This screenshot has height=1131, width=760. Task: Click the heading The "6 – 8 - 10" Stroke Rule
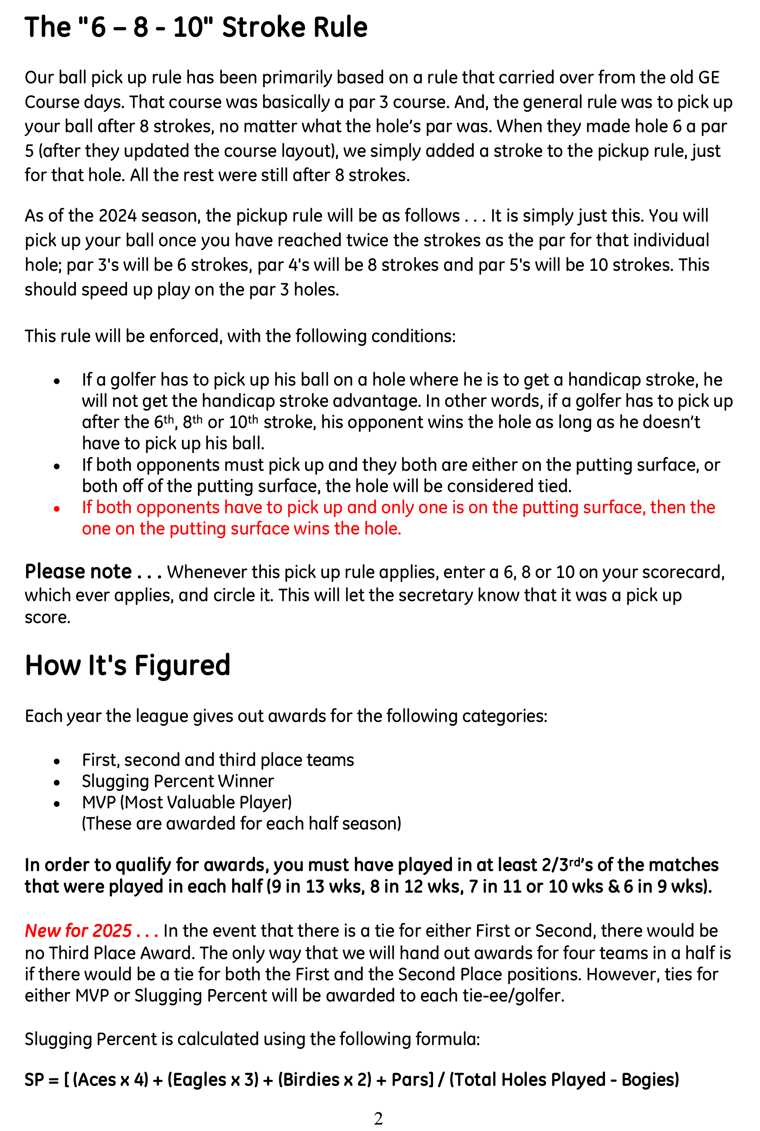tap(196, 27)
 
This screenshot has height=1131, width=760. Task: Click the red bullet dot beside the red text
tap(57, 509)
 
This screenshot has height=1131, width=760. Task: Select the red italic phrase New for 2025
tap(78, 930)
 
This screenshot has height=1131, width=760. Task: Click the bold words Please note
tap(78, 572)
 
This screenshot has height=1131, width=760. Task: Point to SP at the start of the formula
tap(34, 1079)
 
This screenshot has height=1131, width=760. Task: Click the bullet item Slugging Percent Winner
tap(178, 781)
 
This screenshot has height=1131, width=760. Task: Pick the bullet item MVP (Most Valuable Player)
tap(187, 803)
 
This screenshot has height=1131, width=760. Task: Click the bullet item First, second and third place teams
tap(217, 760)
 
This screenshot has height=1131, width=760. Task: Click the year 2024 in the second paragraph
tap(117, 216)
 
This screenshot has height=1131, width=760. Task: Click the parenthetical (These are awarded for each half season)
tap(241, 824)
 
